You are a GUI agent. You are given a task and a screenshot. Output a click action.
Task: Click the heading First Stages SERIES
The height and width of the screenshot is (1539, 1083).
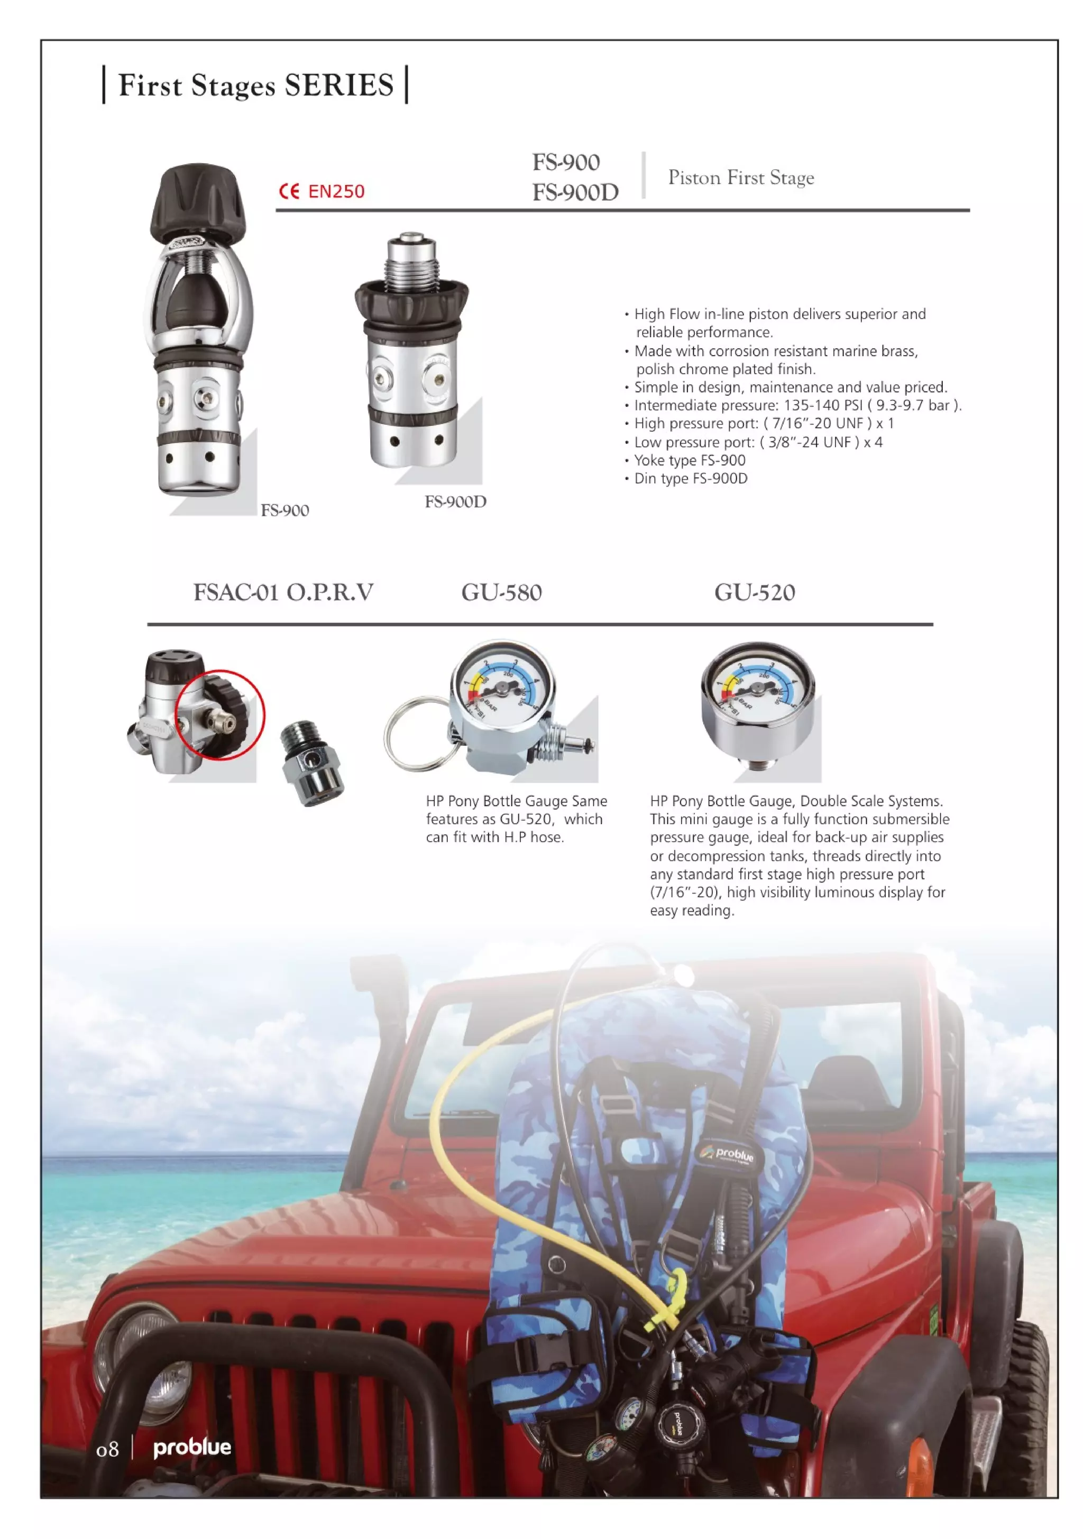tap(255, 85)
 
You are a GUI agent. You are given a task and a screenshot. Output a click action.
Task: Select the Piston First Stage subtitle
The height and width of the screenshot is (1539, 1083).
tap(740, 178)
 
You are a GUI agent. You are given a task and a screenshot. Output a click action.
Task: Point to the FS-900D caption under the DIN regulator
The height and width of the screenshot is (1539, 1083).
tap(455, 502)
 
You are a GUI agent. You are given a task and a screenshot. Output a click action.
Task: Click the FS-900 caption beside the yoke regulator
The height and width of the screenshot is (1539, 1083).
tap(284, 510)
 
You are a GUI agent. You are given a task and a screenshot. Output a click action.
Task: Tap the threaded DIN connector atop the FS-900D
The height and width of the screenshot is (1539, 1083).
tap(410, 262)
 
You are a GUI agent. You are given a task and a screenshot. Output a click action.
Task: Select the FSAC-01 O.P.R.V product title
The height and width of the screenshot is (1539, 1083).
tap(283, 592)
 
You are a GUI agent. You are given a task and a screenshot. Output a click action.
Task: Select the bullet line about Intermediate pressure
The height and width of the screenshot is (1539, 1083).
tap(797, 405)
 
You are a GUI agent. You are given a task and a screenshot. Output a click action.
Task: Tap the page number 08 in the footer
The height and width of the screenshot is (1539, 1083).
tap(107, 1450)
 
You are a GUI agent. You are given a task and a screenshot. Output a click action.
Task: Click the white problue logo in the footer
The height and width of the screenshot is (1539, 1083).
tap(192, 1448)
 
